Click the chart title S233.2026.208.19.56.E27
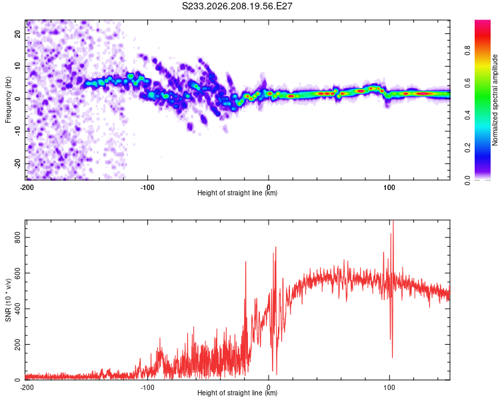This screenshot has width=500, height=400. [x=237, y=6]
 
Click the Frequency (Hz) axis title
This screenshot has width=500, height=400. [x=8, y=100]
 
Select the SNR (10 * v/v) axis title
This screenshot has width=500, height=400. [x=8, y=300]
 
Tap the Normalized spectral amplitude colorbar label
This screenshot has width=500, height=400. [x=495, y=100]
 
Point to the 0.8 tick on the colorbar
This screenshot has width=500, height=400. [x=468, y=51]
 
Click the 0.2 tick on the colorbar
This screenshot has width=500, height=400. [x=468, y=148]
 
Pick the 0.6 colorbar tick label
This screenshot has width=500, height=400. [x=468, y=83]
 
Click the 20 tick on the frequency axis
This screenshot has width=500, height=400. [x=17, y=33]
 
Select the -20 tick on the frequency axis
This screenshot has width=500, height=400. [x=17, y=163]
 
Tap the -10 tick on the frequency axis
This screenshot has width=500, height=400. [x=17, y=131]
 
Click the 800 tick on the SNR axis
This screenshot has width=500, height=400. [x=17, y=237]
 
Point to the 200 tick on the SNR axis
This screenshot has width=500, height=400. [x=17, y=345]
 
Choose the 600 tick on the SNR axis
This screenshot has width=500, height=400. [x=17, y=273]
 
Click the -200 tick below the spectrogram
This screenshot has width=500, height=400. [x=27, y=187]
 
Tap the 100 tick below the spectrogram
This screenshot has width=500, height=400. [x=389, y=187]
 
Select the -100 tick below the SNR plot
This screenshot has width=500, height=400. [x=147, y=387]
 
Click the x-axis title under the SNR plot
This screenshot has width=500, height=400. [x=237, y=393]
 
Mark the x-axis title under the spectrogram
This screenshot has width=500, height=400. [x=237, y=193]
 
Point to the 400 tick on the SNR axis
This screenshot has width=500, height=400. [x=17, y=309]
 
